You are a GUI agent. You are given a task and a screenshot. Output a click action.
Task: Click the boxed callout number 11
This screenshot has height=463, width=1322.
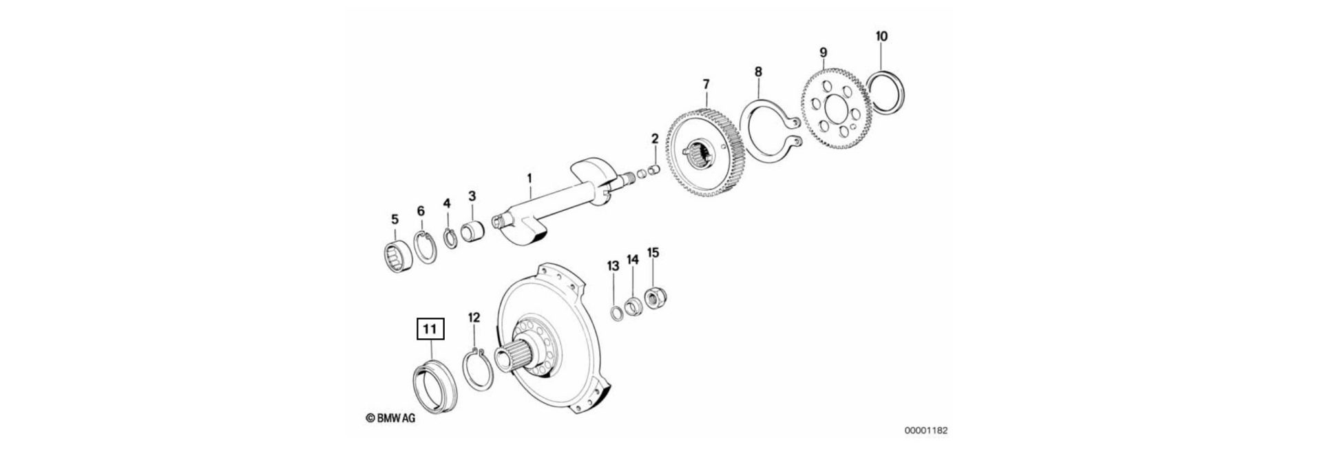430,330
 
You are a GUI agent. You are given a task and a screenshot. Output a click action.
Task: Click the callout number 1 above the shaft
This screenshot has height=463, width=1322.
529,178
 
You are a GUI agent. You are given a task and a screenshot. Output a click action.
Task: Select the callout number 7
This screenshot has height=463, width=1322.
705,84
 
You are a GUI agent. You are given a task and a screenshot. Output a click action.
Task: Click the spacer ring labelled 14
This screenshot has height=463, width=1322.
633,306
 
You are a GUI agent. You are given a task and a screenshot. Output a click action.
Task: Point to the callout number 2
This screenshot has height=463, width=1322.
654,138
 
